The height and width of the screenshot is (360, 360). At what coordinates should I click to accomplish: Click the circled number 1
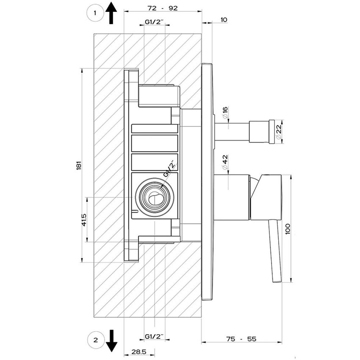(x=95, y=13)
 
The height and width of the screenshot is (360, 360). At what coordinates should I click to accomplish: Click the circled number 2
(x=95, y=339)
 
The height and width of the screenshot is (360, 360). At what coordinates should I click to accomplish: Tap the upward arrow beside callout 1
(x=111, y=12)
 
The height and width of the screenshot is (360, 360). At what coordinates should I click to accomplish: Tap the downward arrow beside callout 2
(x=111, y=340)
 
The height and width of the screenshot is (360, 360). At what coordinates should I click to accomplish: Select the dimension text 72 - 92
(x=163, y=8)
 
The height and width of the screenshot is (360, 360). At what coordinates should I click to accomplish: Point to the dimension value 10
(x=224, y=19)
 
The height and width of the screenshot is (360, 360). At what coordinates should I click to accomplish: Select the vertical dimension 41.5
(x=84, y=219)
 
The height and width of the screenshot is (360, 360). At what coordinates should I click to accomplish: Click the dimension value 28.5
(x=139, y=352)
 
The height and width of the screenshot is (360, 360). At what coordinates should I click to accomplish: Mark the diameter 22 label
(x=279, y=132)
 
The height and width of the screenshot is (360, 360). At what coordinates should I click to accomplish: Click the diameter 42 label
(x=225, y=161)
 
